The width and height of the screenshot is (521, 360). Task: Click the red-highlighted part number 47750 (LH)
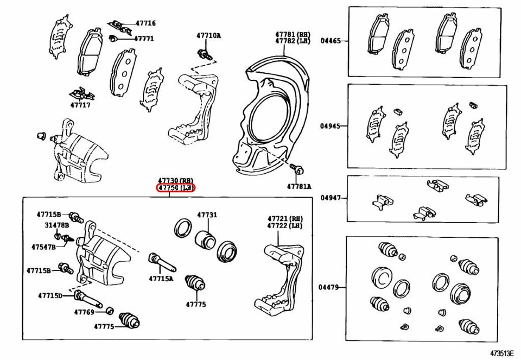point(176,188)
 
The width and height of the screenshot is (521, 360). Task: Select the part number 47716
point(145,23)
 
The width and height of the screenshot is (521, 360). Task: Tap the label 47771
point(144,39)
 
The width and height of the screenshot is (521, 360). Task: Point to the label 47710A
point(209,36)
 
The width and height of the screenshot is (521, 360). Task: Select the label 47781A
point(299,186)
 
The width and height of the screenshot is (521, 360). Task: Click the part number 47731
point(207,215)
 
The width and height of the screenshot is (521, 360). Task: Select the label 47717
point(80,105)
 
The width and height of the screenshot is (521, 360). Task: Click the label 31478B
point(56,225)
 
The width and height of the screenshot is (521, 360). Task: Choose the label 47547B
point(43,247)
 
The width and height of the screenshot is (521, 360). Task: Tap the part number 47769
point(85,312)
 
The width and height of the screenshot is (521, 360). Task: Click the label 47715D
point(50,296)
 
